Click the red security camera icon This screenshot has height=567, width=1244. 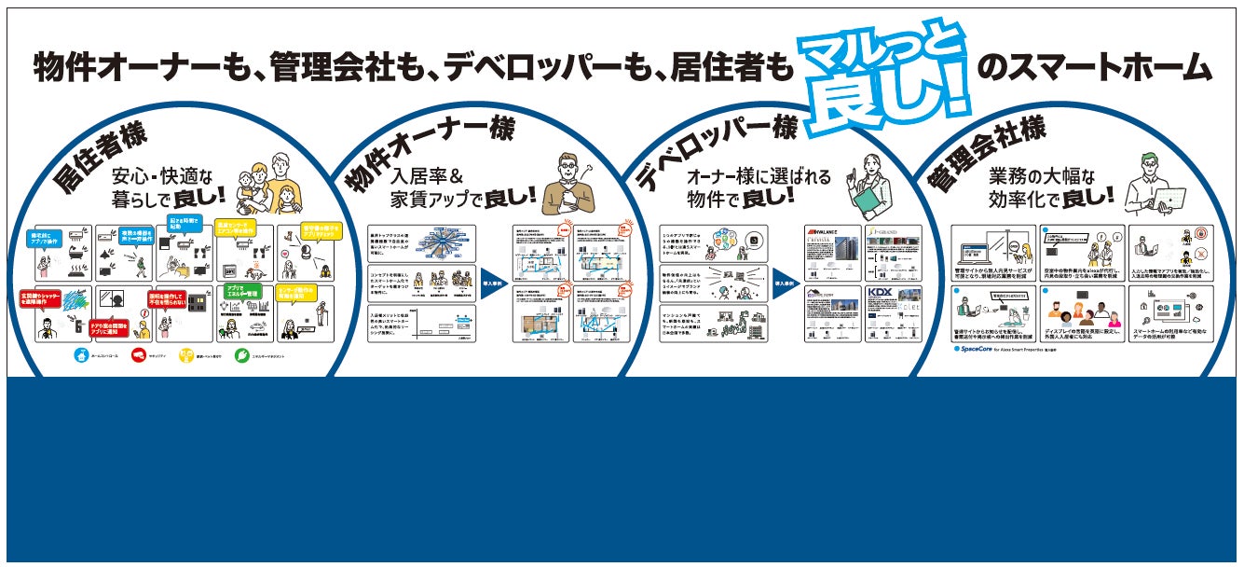tap(139, 355)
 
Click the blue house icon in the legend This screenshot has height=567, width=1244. tap(82, 355)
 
